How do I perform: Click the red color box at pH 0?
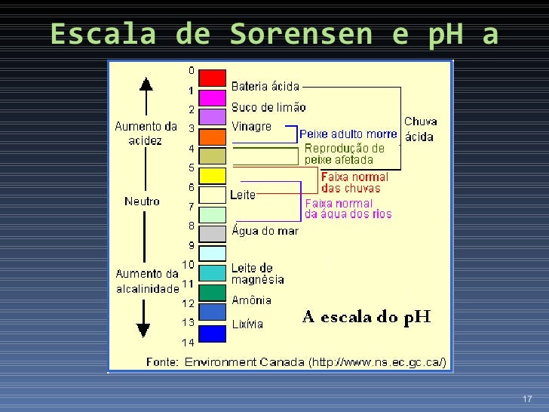(212, 78)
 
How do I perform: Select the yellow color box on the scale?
(212, 176)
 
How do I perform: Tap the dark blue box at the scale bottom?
(212, 333)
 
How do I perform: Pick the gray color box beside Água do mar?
(212, 233)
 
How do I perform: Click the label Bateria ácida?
(265, 87)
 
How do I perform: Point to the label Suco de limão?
(268, 106)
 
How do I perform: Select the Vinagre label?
(251, 127)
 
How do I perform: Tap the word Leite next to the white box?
(243, 195)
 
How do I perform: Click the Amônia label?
(251, 300)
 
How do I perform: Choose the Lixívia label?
(247, 324)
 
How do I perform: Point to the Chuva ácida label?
(420, 128)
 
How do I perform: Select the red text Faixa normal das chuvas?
(354, 183)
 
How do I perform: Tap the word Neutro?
(143, 201)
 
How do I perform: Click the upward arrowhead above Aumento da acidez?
(146, 85)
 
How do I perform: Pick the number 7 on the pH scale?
(191, 206)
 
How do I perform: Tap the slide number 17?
(526, 399)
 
